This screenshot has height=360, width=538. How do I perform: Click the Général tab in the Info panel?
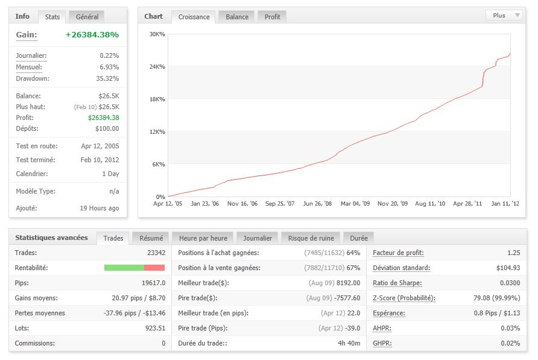tap(87, 17)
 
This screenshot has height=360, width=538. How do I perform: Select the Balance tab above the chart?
tap(237, 17)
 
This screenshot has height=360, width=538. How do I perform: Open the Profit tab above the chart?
tap(273, 17)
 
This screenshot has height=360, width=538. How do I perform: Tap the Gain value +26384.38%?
tap(92, 35)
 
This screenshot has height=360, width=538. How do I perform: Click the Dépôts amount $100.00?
tap(107, 128)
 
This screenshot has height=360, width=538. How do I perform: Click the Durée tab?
tap(359, 238)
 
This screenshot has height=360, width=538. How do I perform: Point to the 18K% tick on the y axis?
tap(157, 99)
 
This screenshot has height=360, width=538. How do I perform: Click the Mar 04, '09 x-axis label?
tap(355, 204)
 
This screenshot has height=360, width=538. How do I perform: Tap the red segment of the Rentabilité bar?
tap(154, 268)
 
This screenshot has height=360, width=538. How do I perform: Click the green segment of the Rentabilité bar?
tap(124, 268)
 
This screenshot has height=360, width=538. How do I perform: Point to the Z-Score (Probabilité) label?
tap(404, 298)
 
